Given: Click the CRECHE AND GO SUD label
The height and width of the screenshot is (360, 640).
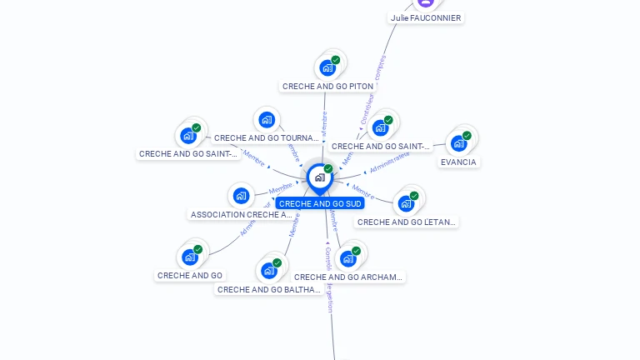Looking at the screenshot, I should [x=320, y=203].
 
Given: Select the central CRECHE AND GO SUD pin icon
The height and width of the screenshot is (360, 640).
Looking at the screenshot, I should [x=319, y=177].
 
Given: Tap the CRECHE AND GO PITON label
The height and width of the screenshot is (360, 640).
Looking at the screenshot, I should [x=327, y=86].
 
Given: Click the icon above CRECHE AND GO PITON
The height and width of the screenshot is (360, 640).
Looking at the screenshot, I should [x=327, y=67].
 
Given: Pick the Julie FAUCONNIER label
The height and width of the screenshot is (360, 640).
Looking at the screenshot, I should [x=425, y=17].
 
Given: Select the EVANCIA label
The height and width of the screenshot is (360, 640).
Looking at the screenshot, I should [x=459, y=162].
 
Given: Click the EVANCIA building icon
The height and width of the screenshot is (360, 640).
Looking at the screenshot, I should [x=458, y=143].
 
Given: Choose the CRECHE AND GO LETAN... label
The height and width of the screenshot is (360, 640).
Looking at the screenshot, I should [x=407, y=222].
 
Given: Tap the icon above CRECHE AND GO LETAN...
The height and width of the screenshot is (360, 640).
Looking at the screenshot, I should [x=406, y=203].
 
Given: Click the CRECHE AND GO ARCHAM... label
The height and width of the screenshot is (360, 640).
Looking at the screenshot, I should [x=348, y=277].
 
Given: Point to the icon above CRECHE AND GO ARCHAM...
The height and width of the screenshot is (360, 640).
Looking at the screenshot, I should [x=348, y=258].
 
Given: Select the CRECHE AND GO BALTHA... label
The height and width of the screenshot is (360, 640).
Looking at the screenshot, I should [x=269, y=290].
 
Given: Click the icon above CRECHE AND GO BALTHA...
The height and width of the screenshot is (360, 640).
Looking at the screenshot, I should [x=268, y=271].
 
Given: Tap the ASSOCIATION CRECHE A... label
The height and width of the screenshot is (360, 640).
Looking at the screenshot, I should [x=242, y=214].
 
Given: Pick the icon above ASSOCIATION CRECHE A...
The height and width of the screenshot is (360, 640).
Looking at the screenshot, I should [x=242, y=196].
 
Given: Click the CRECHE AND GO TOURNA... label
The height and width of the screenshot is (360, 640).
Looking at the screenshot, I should [x=267, y=137].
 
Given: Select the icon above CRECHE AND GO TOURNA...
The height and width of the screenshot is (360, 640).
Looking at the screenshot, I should [x=267, y=119].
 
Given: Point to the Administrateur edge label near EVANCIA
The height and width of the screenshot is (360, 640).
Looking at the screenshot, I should [x=389, y=162].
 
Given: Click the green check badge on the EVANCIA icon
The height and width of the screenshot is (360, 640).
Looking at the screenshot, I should [x=467, y=136].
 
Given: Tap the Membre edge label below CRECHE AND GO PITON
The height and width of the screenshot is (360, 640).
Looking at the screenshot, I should [x=324, y=123].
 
